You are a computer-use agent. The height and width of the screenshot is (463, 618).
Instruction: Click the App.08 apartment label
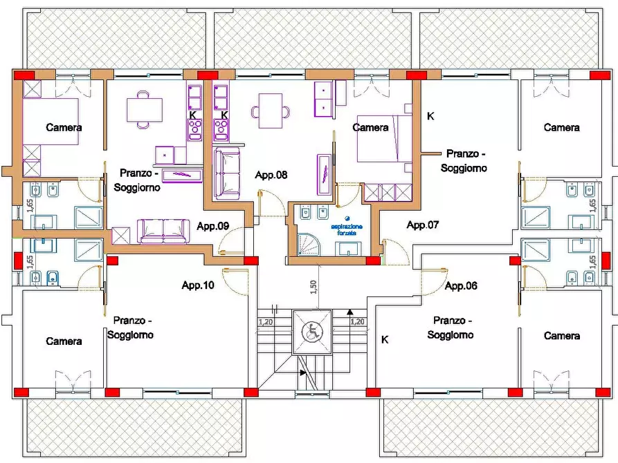271,175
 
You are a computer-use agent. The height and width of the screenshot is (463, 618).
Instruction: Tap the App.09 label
213,226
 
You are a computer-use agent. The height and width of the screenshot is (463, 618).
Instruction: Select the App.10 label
198,285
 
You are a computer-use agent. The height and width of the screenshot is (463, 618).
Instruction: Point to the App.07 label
423,225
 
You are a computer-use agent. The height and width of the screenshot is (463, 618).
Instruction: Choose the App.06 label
461,286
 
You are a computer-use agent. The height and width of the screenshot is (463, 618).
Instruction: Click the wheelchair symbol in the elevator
312,332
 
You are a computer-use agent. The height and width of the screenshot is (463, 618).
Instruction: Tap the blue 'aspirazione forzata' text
347,229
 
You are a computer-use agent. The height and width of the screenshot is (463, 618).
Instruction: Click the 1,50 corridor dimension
313,287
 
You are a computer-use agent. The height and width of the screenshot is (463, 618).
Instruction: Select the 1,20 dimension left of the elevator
266,321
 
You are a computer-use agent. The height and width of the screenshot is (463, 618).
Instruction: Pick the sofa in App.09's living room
163,231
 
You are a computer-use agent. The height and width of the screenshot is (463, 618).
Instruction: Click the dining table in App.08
271,111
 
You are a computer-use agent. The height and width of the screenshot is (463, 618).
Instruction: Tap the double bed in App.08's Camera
384,139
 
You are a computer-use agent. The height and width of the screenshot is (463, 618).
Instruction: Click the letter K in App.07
430,116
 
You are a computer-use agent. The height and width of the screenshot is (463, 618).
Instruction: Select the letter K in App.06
385,339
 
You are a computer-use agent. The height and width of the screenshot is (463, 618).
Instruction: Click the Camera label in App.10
64,341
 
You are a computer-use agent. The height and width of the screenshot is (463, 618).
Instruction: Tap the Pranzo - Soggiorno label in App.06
451,328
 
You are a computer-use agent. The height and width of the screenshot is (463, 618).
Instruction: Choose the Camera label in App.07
562,128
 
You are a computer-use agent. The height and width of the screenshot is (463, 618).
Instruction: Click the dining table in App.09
144,110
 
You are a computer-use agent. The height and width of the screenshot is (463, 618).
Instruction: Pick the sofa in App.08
227,174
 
